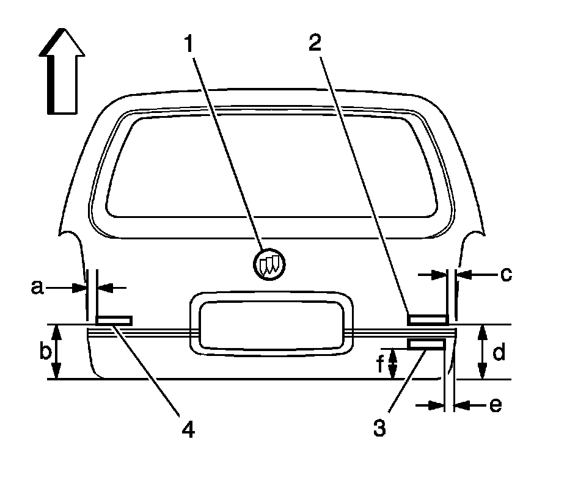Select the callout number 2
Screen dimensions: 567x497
315,44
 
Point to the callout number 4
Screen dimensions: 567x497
188,429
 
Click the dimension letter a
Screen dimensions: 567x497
38,286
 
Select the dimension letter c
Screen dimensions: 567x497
505,274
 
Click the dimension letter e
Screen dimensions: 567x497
496,404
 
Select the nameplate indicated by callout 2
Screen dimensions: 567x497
428,319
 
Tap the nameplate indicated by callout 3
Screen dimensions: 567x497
426,345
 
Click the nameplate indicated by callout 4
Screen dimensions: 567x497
114,319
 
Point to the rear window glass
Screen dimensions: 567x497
273,167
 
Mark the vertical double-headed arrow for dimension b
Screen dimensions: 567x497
57,352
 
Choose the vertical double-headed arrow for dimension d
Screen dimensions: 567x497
482,352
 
